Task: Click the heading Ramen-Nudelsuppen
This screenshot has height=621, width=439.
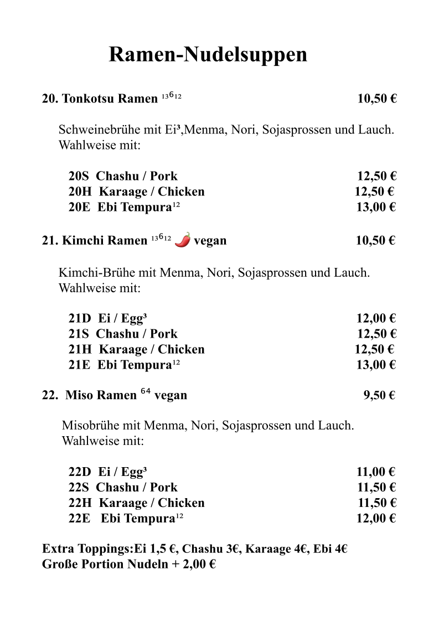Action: coord(208,55)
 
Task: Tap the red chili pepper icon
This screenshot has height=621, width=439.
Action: coord(183,240)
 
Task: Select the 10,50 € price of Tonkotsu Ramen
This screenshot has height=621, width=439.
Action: coord(377,99)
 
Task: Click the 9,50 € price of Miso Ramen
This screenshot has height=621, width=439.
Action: coord(379,395)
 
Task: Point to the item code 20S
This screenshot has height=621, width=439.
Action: coord(79,177)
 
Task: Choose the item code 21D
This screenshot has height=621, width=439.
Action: coord(79,318)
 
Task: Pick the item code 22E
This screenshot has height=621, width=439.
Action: coord(79,519)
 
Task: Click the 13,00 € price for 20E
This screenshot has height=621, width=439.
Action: coord(375,208)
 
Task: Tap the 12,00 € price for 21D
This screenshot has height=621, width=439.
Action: coord(376,318)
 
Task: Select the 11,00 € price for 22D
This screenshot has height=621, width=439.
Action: coord(375,472)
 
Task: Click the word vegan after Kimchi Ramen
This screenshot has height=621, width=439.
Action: coord(210,241)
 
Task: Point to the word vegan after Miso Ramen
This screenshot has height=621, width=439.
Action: coord(171,395)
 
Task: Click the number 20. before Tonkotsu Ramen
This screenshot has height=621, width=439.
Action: coord(50,99)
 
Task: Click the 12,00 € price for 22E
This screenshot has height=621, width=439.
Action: coord(375,519)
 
